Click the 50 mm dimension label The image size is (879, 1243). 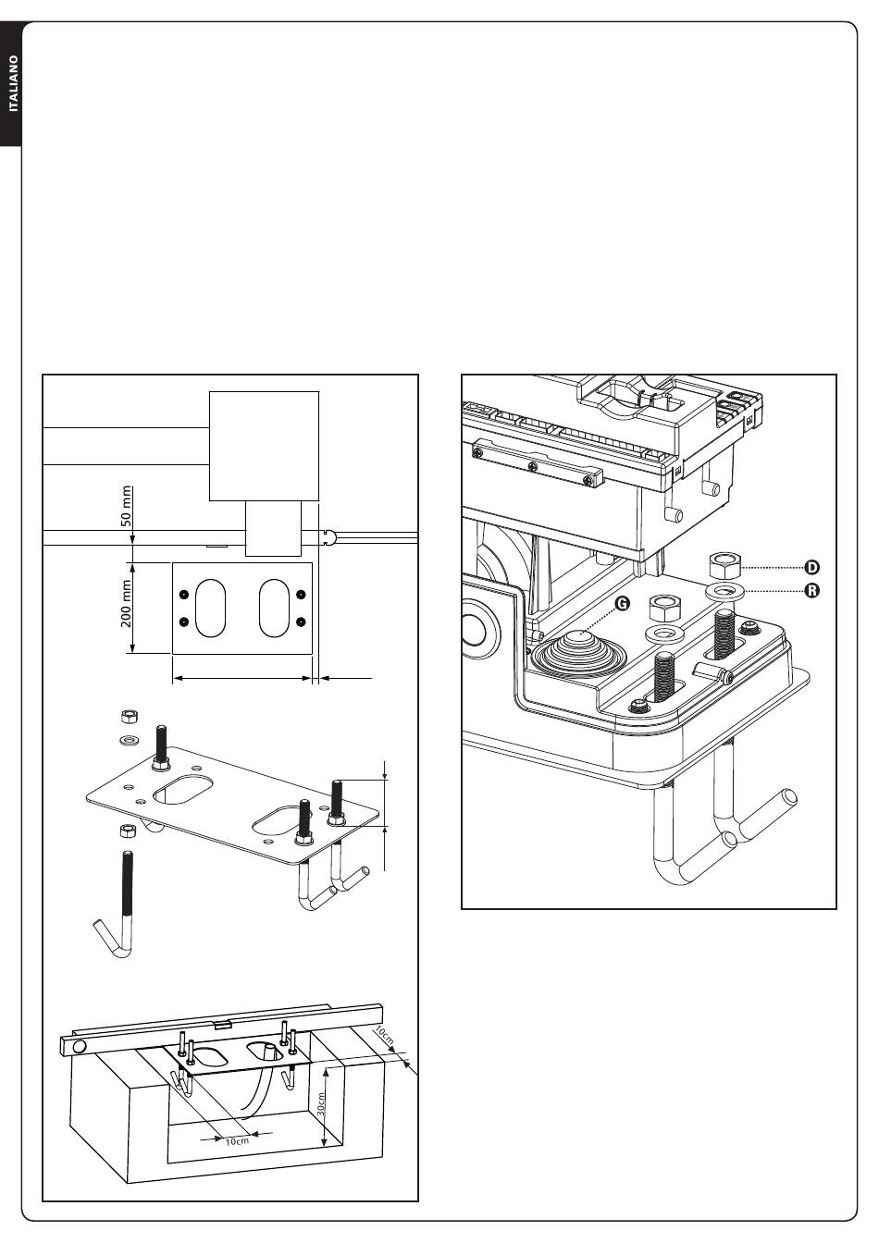coord(127,506)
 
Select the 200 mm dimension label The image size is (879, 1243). coord(127,604)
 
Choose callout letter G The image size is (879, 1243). coord(622,603)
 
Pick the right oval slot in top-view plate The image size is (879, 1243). coord(275,608)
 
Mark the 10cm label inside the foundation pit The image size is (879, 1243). coord(238,1141)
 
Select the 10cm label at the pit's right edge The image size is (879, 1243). coord(384,1035)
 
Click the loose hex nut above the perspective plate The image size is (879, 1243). coord(130,717)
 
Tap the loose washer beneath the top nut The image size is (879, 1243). coord(130,740)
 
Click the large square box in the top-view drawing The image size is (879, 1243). coord(264,446)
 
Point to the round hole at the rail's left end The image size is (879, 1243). coord(80,1046)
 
